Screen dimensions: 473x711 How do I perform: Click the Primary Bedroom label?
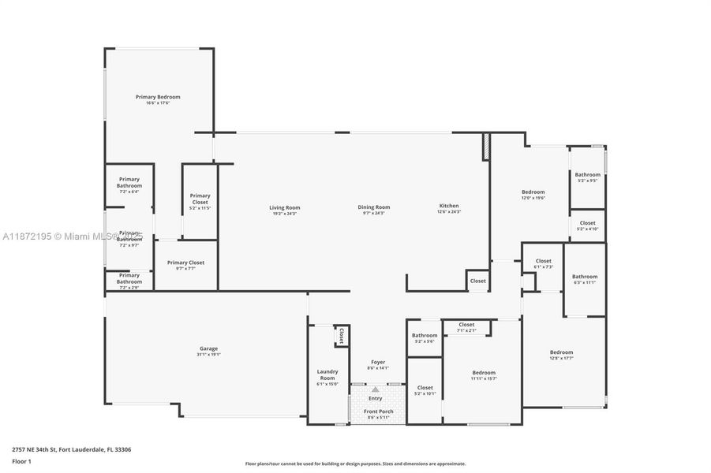pyautogui.click(x=158, y=97)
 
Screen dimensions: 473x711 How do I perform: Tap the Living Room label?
pyautogui.click(x=286, y=207)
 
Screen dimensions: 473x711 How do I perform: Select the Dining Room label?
pyautogui.click(x=376, y=207)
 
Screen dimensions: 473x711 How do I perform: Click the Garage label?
pyautogui.click(x=208, y=348)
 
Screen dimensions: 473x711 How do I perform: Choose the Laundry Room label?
pyautogui.click(x=327, y=374)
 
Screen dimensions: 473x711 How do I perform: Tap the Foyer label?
pyautogui.click(x=378, y=363)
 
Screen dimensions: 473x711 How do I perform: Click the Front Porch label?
pyautogui.click(x=378, y=412)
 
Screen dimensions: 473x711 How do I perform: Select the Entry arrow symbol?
pyautogui.click(x=376, y=389)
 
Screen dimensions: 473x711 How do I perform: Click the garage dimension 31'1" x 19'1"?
pyautogui.click(x=208, y=355)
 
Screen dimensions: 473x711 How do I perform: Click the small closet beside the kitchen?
pyautogui.click(x=478, y=281)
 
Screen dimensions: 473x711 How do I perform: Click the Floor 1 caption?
pyautogui.click(x=21, y=461)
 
